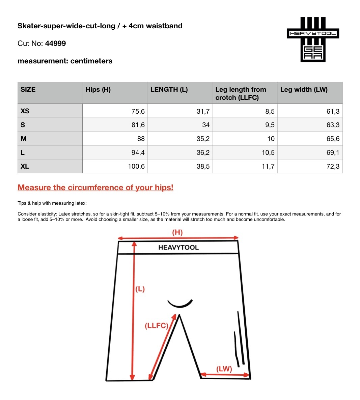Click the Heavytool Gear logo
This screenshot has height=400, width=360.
(313, 39)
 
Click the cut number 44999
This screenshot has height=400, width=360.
(55, 44)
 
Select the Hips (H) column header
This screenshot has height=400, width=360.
(98, 89)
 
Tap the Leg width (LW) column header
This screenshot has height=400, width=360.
(304, 89)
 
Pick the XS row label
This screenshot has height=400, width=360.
(25, 111)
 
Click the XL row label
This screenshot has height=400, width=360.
(25, 166)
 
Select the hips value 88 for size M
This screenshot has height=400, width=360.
(141, 139)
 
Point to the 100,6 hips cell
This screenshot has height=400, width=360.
(136, 166)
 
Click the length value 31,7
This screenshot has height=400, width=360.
(203, 111)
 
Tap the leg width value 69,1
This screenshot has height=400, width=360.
(333, 152)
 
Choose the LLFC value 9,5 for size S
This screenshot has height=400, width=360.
(270, 125)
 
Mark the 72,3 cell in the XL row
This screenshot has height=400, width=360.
(333, 166)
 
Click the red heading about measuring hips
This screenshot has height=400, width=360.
(95, 188)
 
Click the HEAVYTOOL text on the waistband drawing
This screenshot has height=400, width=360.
(178, 248)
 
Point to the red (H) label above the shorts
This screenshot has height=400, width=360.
(177, 232)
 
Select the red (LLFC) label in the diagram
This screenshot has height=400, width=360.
(156, 326)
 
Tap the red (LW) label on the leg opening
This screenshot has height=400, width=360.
(224, 369)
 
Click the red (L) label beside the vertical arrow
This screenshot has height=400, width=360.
(140, 289)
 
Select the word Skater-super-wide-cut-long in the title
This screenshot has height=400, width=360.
(66, 26)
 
